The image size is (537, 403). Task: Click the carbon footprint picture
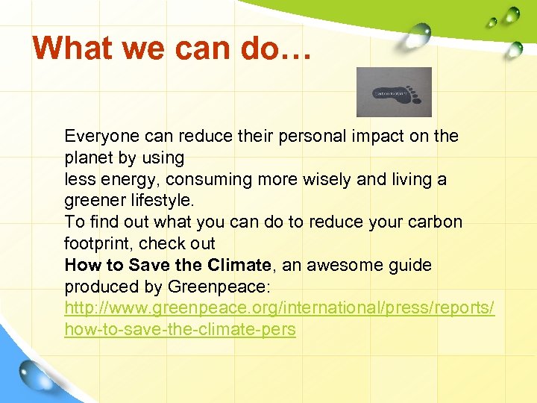(394, 92)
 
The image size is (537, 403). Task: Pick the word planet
(88, 158)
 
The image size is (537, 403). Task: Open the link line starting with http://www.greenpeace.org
(279, 308)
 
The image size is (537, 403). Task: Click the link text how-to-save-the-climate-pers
(180, 330)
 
